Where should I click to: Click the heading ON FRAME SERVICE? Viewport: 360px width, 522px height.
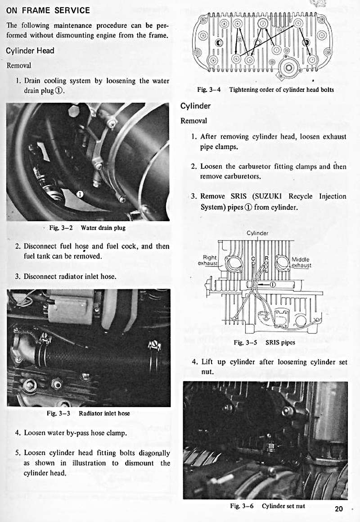(48, 10)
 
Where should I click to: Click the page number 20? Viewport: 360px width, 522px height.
(339, 508)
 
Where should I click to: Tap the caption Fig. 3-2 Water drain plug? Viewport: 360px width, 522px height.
(87, 228)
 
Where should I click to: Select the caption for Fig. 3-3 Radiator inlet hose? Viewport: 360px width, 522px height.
(88, 413)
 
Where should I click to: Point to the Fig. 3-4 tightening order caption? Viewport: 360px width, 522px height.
(265, 90)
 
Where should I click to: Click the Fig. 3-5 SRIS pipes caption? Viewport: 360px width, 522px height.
(265, 342)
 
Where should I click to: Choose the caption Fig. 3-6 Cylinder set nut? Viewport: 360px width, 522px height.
(267, 506)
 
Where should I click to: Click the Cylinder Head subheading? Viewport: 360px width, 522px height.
(30, 50)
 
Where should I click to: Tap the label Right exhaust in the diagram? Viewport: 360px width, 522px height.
(210, 260)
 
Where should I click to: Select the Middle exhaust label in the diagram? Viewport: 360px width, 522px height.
(301, 262)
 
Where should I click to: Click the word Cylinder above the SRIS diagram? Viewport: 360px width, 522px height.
(258, 233)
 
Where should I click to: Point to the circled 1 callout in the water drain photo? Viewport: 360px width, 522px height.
(80, 194)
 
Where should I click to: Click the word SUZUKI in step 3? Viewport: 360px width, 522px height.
(269, 196)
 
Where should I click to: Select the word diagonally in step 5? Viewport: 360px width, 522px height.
(150, 453)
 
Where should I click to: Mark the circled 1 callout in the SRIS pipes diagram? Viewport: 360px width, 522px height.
(273, 284)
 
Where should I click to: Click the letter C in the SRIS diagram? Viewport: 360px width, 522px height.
(253, 259)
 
